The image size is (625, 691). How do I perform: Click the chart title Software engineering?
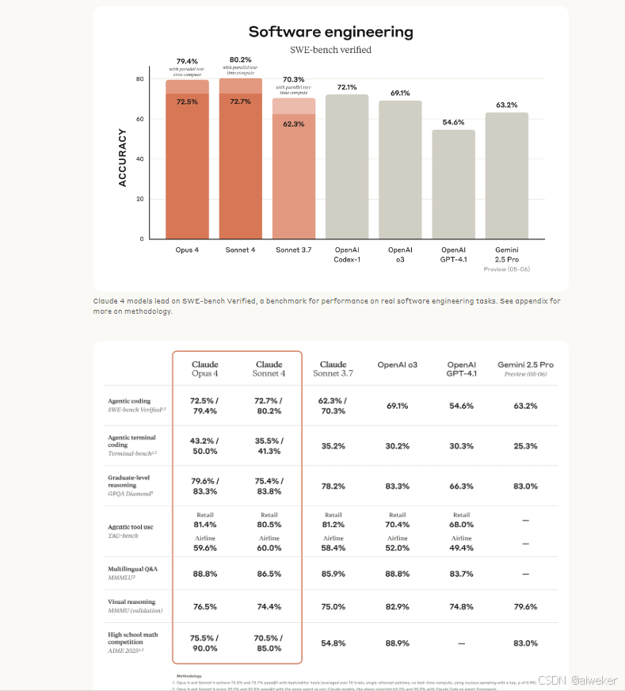pyautogui.click(x=330, y=32)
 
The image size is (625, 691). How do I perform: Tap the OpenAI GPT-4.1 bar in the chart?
pyautogui.click(x=453, y=184)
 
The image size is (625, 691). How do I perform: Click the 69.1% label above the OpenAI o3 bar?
pyautogui.click(x=400, y=93)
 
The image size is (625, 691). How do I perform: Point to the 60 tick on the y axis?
pyautogui.click(x=139, y=119)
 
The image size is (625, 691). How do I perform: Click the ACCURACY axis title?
pyautogui.click(x=123, y=157)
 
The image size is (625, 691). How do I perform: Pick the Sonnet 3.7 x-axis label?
pyautogui.click(x=293, y=250)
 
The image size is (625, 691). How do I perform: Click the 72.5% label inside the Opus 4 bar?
pyautogui.click(x=187, y=101)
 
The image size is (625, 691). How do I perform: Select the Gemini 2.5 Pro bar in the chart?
pyautogui.click(x=506, y=175)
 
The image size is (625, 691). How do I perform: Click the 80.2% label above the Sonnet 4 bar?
pyautogui.click(x=240, y=59)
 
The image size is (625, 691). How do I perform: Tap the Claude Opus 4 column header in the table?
pyautogui.click(x=205, y=368)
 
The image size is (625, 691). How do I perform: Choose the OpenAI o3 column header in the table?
pyautogui.click(x=397, y=365)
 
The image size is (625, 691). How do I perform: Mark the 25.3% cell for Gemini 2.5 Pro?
pyautogui.click(x=524, y=446)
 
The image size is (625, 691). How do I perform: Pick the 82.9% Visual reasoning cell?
pyautogui.click(x=397, y=606)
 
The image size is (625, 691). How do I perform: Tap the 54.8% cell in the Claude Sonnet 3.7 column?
pyautogui.click(x=333, y=643)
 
